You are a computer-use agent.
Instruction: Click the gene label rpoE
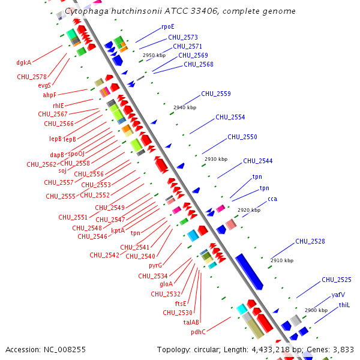click(167, 27)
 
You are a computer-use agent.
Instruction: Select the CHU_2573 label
click(182, 37)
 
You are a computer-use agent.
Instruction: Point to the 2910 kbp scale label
click(282, 261)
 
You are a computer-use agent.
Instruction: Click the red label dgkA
click(24, 62)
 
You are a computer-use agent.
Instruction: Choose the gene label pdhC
click(198, 332)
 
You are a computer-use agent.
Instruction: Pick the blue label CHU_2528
click(310, 241)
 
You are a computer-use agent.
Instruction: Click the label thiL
click(344, 305)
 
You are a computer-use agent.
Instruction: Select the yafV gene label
click(338, 295)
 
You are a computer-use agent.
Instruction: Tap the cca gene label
click(272, 199)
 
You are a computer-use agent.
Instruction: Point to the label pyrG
click(155, 265)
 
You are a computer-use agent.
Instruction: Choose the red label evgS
click(44, 85)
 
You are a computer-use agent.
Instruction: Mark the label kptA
click(118, 230)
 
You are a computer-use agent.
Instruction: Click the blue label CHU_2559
click(215, 94)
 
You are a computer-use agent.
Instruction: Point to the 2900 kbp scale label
click(316, 310)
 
